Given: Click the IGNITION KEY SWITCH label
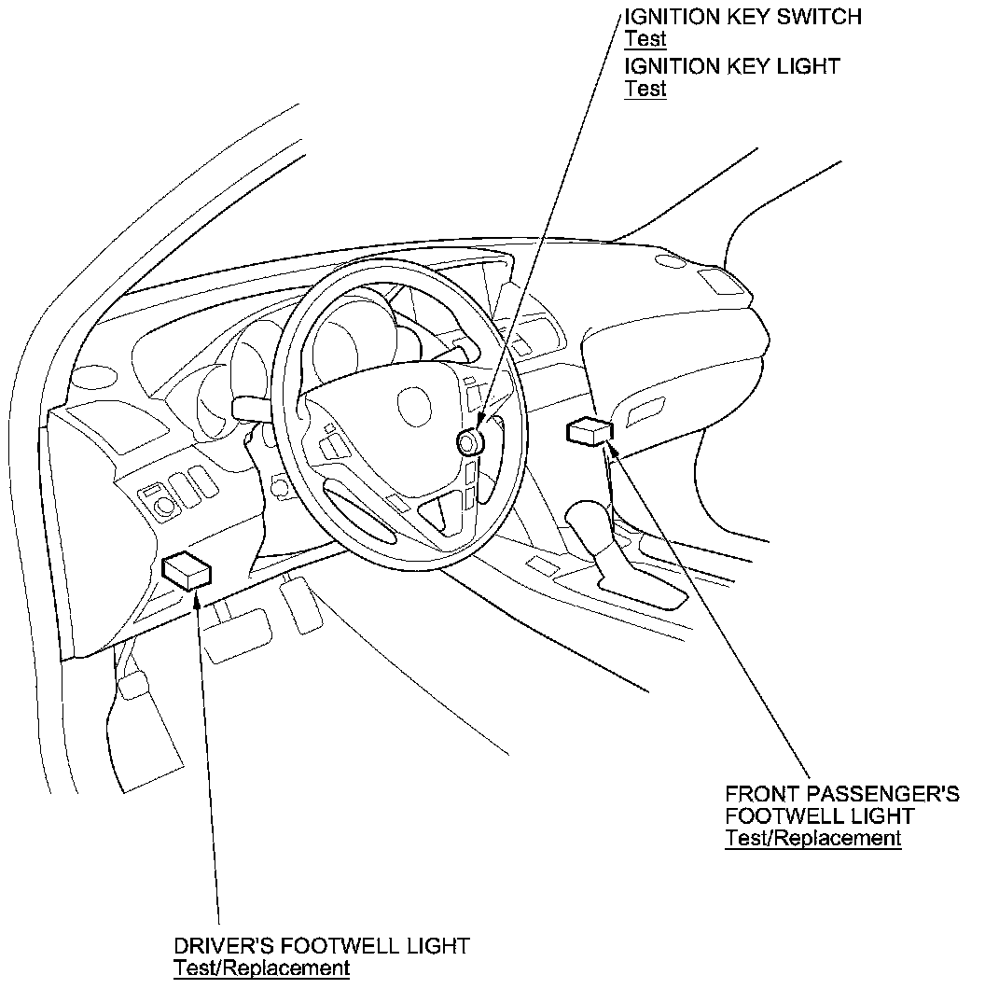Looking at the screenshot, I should coord(742,16).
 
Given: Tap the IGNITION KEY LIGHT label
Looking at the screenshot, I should coord(732,66).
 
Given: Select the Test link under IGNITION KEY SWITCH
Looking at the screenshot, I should coord(645,39).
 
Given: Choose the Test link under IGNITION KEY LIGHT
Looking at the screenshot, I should coord(645,90).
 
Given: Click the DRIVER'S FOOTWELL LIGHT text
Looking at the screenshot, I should coord(321,945).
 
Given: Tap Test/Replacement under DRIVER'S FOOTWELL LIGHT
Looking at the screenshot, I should coord(261,968).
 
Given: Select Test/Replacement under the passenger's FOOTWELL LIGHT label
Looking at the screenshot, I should coord(813,838).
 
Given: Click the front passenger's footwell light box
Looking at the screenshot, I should coord(590,430).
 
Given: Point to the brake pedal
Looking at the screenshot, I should coord(237,634).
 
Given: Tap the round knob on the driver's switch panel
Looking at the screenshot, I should coord(166,506).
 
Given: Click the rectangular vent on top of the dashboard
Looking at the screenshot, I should coord(723,282).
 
